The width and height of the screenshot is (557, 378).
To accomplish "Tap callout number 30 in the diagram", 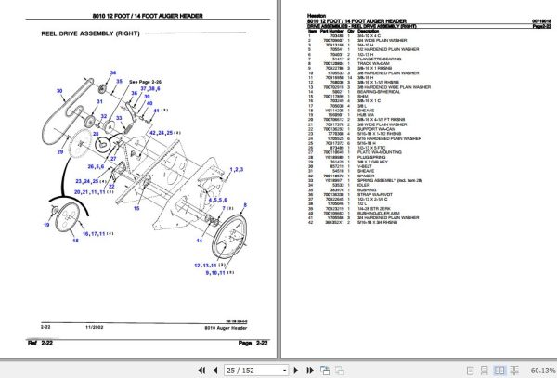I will click(58, 91).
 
